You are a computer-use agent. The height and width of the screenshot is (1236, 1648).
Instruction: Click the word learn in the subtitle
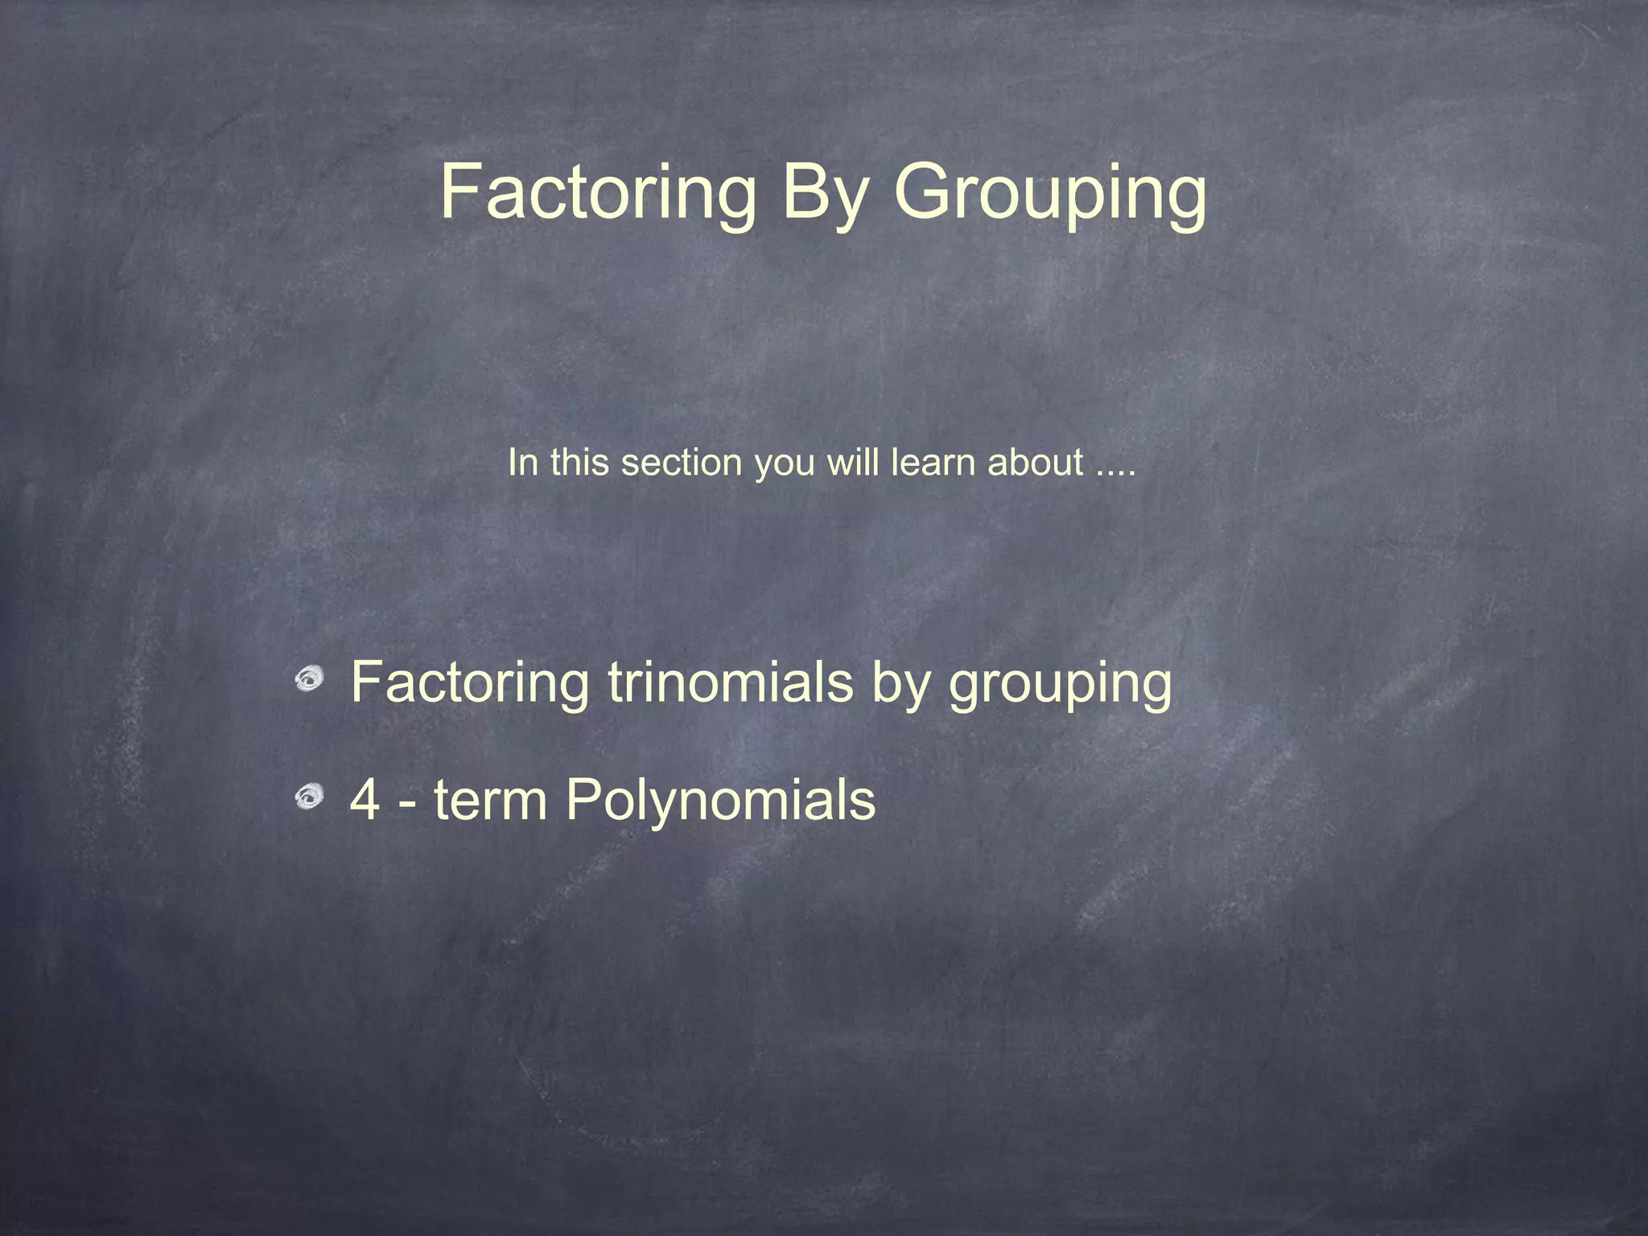point(933,463)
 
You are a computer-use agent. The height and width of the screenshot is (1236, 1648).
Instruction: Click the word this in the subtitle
point(579,463)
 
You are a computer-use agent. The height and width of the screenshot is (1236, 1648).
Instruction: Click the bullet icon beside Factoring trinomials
point(308,680)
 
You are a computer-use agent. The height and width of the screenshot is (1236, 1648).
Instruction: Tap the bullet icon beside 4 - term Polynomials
point(308,797)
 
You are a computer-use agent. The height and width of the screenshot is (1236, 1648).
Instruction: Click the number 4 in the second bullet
point(365,800)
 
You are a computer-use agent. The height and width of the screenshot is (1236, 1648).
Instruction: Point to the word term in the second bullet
point(490,800)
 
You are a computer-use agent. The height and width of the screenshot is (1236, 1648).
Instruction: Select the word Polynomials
point(720,801)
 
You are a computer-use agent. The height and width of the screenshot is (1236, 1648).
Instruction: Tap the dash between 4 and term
point(408,803)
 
